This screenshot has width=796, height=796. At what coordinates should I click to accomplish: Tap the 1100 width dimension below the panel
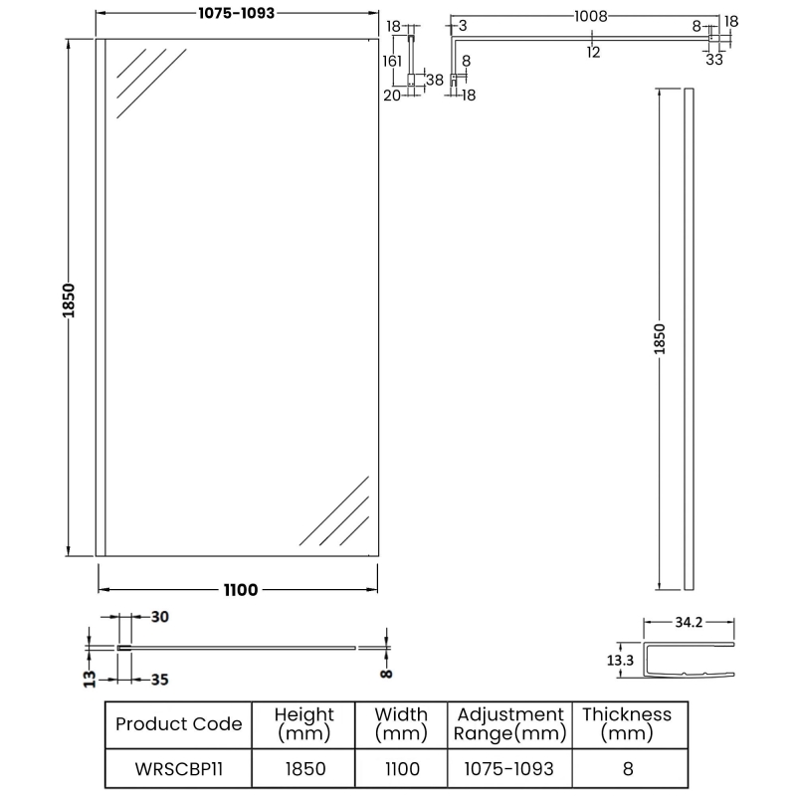click(239, 590)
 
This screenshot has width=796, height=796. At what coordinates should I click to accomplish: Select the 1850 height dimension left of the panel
click(69, 298)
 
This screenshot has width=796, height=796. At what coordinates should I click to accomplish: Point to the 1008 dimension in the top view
click(592, 17)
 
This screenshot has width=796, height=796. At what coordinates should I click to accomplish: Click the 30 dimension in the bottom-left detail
click(159, 617)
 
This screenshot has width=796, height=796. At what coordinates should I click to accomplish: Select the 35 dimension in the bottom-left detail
click(159, 681)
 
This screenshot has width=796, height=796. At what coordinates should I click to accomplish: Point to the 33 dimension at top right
click(714, 59)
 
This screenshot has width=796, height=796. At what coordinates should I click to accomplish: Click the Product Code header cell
click(178, 723)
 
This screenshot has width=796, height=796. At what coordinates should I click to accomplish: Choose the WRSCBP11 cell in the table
click(178, 769)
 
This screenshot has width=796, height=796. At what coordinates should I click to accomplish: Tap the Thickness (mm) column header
click(627, 723)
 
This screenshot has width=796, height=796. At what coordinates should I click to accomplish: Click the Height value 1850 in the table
click(304, 769)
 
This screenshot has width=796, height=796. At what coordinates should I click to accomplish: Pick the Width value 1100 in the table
click(402, 769)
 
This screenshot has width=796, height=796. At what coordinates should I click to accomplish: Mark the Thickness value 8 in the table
click(627, 769)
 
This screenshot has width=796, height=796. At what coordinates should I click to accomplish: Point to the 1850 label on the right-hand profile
click(660, 339)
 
